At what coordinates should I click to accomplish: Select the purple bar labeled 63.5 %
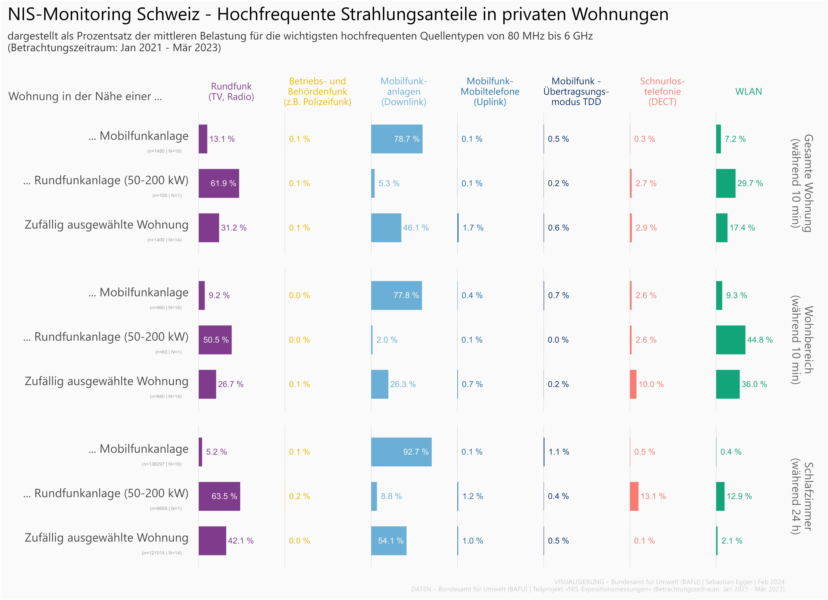point(219,496)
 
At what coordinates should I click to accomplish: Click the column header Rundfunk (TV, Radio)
point(231,92)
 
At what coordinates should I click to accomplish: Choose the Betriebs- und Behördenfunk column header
point(317,92)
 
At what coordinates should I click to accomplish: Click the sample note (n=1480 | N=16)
point(164,151)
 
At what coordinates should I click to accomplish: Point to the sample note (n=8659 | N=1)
point(165,508)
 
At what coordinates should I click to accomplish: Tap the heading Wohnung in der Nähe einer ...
point(85,96)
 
